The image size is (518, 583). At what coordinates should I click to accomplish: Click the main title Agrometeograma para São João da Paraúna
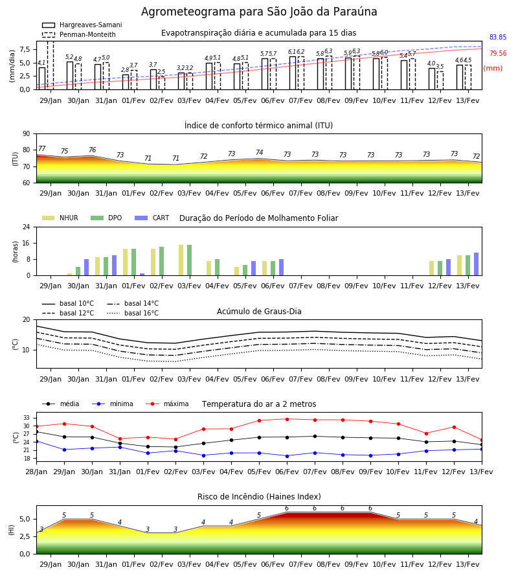[259, 12]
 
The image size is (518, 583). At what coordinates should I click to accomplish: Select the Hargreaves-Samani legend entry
[82, 25]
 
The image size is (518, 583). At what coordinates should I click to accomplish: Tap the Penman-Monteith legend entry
[79, 34]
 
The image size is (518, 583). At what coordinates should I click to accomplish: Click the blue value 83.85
[498, 37]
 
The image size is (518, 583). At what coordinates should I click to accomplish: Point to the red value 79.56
[498, 53]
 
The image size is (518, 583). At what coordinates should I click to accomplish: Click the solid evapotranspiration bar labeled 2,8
[126, 82]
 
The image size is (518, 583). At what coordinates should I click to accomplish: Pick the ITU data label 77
[42, 148]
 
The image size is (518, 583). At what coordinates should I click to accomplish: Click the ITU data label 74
[260, 152]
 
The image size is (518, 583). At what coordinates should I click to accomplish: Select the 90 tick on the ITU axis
[27, 134]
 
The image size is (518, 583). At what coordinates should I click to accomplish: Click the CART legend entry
[152, 218]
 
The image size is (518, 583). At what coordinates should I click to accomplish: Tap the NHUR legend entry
[60, 218]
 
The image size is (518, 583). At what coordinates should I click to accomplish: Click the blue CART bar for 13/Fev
[477, 264]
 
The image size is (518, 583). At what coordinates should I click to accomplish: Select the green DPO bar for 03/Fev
[190, 260]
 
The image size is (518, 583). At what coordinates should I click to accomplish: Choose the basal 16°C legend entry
[133, 313]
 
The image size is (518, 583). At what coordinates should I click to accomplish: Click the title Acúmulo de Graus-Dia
[259, 312]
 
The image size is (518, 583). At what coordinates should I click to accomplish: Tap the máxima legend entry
[167, 404]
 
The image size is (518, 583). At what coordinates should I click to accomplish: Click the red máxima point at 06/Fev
[287, 419]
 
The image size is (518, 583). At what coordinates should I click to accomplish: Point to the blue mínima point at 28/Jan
[36, 441]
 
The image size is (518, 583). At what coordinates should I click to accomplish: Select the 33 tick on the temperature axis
[27, 418]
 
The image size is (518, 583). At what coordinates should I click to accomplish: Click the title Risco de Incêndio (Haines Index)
[259, 497]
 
